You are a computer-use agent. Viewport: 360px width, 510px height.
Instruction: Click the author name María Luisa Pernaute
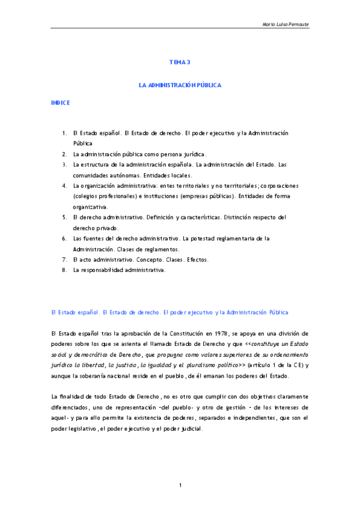285,24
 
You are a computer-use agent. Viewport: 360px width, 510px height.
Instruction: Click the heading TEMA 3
180,62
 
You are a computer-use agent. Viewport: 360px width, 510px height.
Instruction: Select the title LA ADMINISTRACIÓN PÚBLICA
180,85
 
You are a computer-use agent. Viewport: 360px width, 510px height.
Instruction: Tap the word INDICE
61,103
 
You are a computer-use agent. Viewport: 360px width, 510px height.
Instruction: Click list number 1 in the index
64,133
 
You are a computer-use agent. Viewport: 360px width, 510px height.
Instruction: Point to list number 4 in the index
64,186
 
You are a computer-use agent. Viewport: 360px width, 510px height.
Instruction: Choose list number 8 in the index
64,270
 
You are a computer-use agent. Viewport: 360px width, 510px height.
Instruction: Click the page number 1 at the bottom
180,485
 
